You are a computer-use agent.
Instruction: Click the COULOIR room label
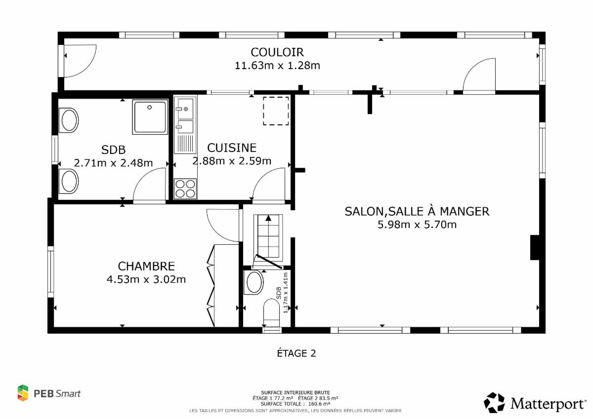[x=277, y=52]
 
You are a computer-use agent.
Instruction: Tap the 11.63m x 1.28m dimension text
[x=277, y=66]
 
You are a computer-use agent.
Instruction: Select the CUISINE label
[x=232, y=148]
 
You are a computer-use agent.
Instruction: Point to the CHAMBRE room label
[x=146, y=266]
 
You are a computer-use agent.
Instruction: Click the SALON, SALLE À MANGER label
[x=417, y=212]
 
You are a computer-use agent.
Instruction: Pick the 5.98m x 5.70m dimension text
[x=417, y=225]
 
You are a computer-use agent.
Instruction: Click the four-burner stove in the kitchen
[x=185, y=189]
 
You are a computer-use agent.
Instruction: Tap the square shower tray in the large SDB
[x=150, y=117]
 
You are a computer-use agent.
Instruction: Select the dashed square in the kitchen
[x=276, y=111]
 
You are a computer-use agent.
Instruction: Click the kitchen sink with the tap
[x=185, y=109]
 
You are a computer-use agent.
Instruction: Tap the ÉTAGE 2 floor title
[x=296, y=353]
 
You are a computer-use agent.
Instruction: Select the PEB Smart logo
[x=49, y=393]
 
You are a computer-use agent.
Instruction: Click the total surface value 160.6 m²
[x=319, y=404]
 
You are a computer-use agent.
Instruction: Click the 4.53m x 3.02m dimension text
[x=146, y=279]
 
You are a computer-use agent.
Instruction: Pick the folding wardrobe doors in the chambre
[x=211, y=285]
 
